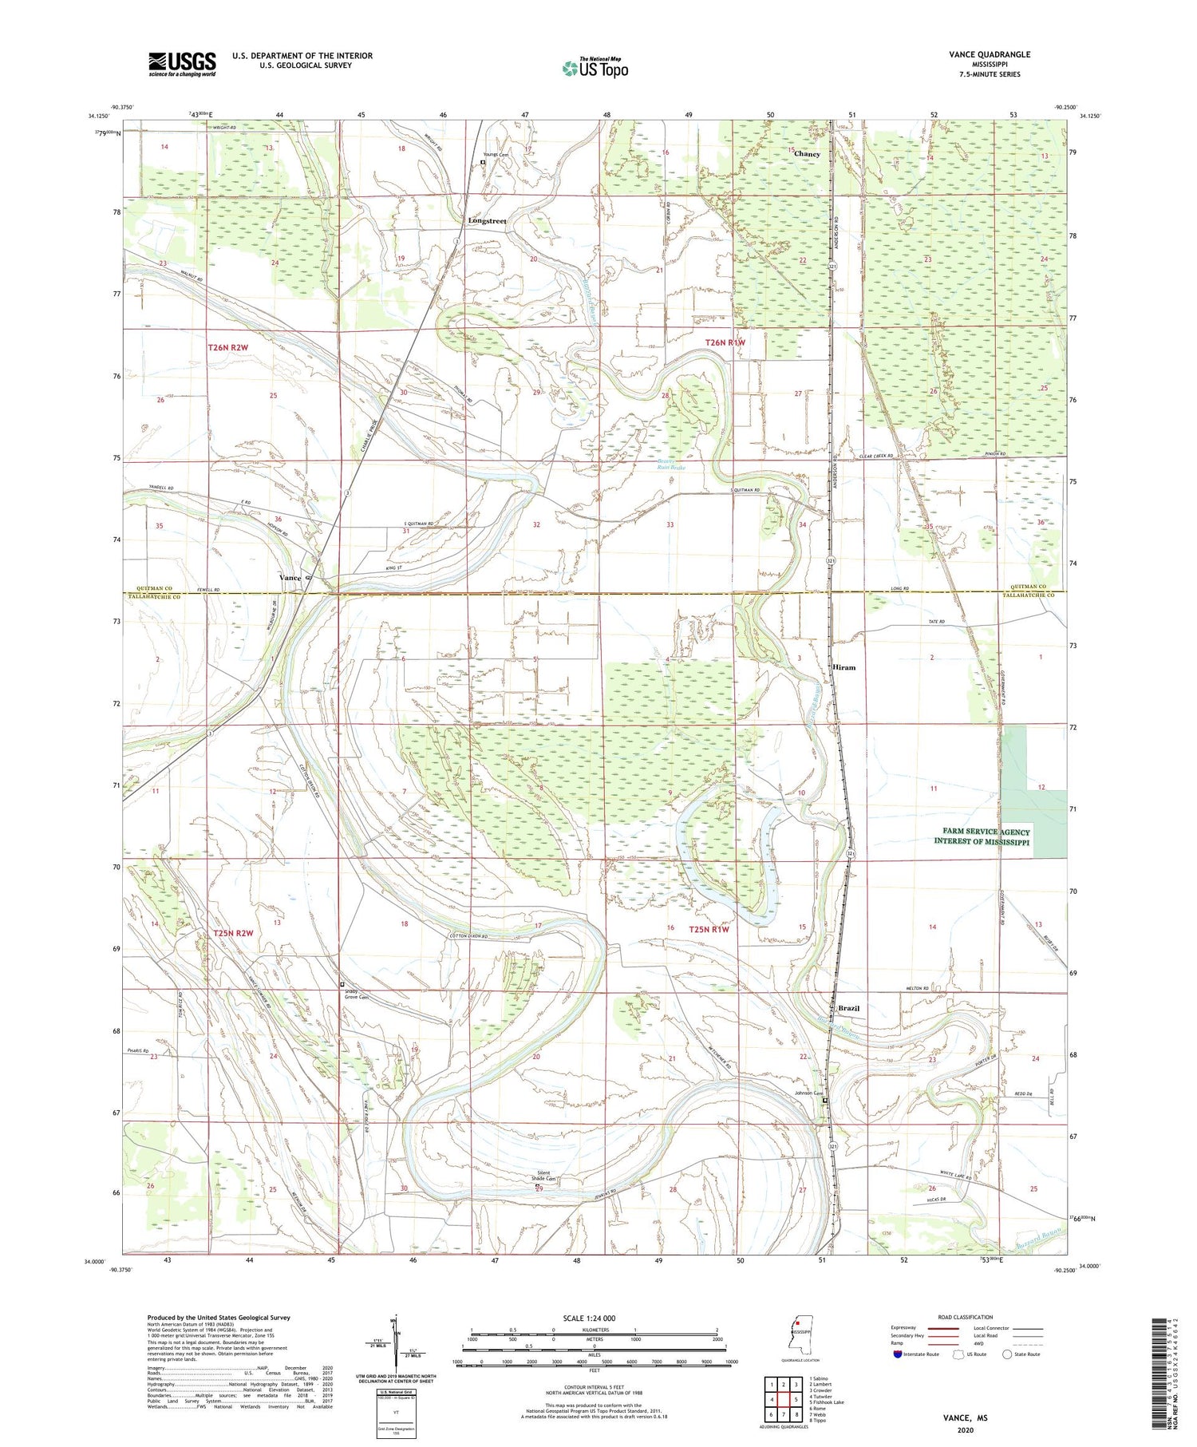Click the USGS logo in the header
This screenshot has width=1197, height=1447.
[182, 64]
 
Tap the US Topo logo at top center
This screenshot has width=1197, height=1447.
[595, 69]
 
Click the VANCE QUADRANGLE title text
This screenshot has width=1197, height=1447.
[990, 54]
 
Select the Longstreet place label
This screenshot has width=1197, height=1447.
[487, 220]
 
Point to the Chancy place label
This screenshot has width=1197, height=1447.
[807, 154]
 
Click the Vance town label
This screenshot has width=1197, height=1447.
[290, 577]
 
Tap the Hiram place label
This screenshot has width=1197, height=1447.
[843, 667]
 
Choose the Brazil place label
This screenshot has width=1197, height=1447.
[848, 1009]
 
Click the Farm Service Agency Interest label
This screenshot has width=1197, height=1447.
[986, 837]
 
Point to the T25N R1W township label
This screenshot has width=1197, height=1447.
[709, 929]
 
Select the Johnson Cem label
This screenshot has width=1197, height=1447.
[808, 1094]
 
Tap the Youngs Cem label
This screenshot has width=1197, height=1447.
[496, 155]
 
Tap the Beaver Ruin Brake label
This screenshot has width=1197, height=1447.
[671, 465]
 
